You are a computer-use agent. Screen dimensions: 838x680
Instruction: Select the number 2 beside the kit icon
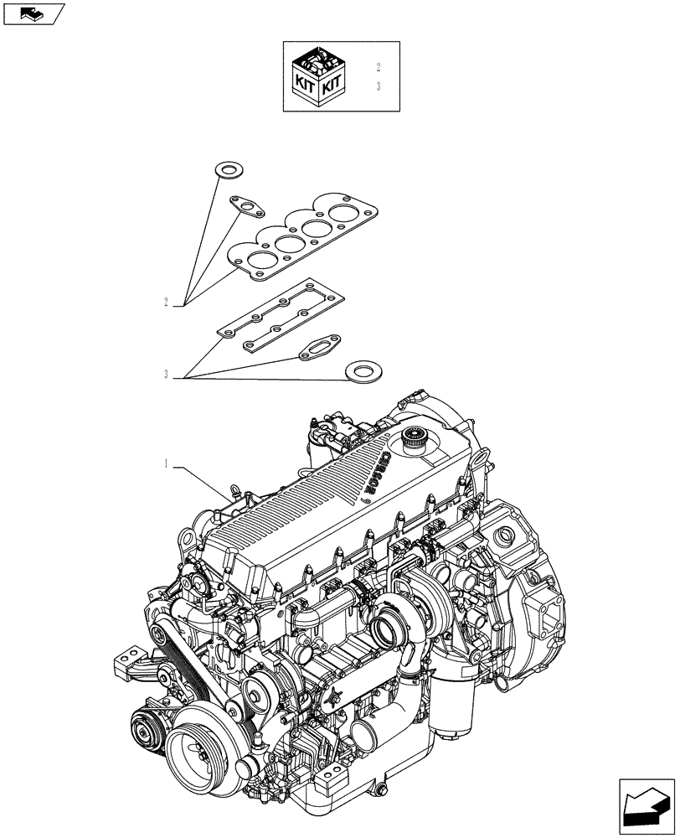(x=379, y=67)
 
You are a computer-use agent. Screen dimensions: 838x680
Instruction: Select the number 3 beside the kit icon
(x=379, y=86)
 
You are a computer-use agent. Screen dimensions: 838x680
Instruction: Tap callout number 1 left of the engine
(x=166, y=463)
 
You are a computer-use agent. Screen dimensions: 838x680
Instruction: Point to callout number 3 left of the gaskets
(x=166, y=375)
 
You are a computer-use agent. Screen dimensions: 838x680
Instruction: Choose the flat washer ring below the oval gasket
(x=361, y=369)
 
